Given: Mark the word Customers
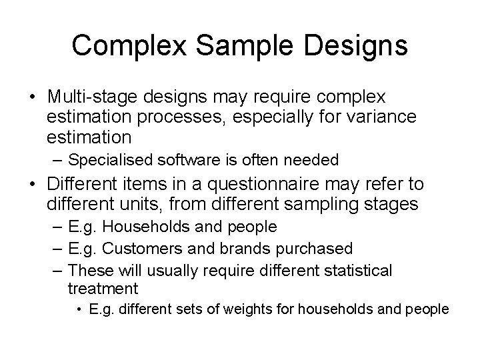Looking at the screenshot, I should tap(139, 248).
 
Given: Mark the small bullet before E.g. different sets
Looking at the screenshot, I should tap(79, 309).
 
